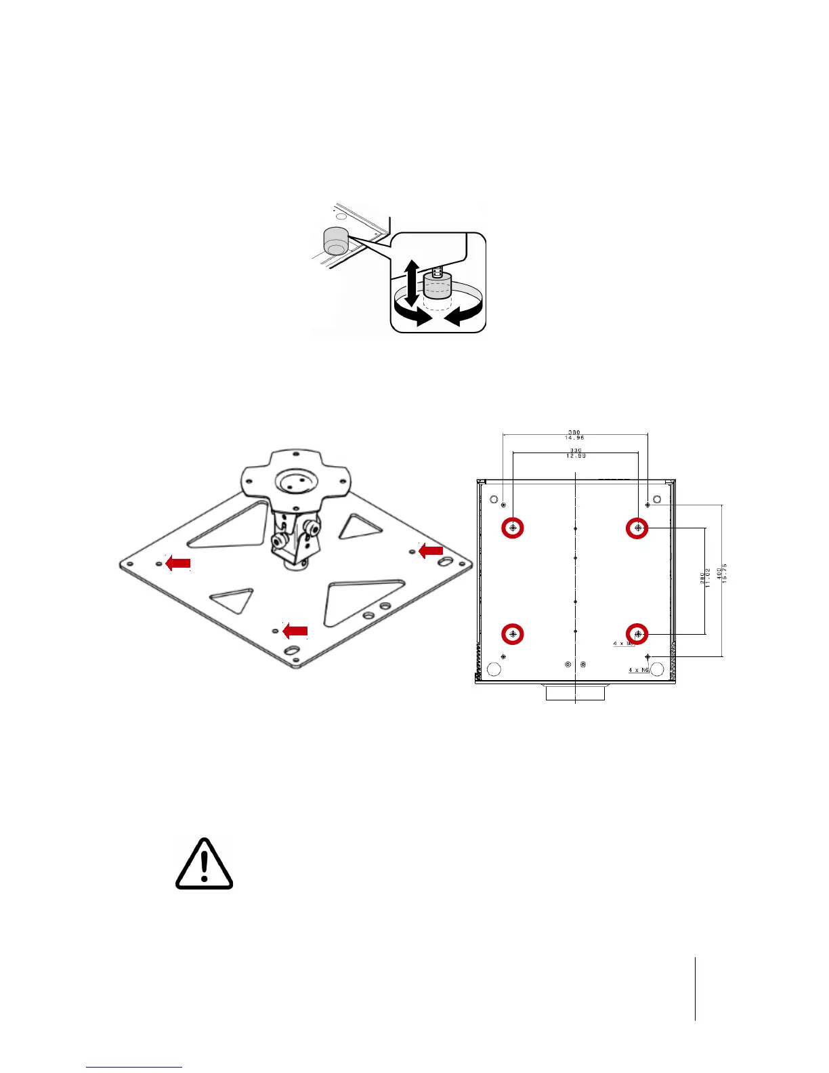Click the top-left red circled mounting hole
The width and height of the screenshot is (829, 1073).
pos(513,527)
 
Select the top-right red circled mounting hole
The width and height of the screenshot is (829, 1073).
pos(637,527)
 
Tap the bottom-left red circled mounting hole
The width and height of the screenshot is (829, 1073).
pos(513,633)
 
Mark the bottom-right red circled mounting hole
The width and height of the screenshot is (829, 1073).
pos(637,633)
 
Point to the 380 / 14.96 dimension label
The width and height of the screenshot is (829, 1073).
pos(574,435)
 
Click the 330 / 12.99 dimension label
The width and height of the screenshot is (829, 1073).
pos(576,453)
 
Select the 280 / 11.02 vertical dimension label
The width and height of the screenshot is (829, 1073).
pos(704,578)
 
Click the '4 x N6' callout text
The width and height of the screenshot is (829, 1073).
pos(638,670)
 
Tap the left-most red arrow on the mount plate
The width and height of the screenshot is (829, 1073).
pos(178,562)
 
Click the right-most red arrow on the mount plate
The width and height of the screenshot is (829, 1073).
pos(431,551)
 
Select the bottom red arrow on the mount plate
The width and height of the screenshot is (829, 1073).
pos(295,631)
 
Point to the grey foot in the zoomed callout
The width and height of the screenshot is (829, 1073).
pos(436,287)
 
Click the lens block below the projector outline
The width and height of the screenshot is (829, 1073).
pos(574,693)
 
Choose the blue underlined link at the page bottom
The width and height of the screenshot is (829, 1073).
pos(134,1067)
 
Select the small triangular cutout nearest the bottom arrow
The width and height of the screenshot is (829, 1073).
pos(233,599)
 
